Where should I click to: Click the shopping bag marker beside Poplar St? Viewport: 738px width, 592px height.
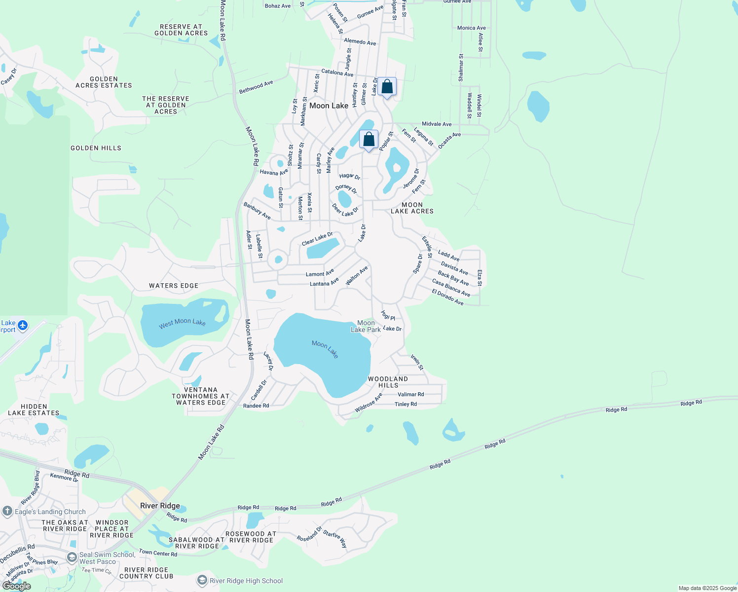point(369,140)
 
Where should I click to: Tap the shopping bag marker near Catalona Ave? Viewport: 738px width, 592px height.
point(387,87)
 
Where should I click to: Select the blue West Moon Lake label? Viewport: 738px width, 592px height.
point(182,323)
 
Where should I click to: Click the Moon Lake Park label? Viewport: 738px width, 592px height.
point(366,326)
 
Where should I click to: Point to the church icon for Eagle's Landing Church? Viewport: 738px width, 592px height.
point(7,512)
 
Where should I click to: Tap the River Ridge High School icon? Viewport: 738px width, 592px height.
point(202,581)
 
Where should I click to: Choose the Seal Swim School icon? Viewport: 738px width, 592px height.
point(72,557)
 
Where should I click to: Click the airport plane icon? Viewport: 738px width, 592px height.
point(23,326)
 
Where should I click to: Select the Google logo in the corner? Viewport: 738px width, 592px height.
point(17,586)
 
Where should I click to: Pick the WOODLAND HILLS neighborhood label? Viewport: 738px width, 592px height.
point(388,382)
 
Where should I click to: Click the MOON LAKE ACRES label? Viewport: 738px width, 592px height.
point(412,208)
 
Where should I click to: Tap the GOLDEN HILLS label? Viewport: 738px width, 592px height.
point(96,148)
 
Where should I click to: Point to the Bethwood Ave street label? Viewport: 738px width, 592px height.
point(256,87)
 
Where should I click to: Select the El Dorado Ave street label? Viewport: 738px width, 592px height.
point(447,297)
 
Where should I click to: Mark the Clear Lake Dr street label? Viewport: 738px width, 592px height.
point(317,239)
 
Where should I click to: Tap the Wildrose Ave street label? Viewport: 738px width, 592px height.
point(369,403)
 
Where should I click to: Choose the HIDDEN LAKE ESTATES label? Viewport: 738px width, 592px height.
point(34,409)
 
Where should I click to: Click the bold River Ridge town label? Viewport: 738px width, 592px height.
point(160,506)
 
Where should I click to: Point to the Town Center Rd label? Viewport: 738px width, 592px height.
point(158,553)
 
